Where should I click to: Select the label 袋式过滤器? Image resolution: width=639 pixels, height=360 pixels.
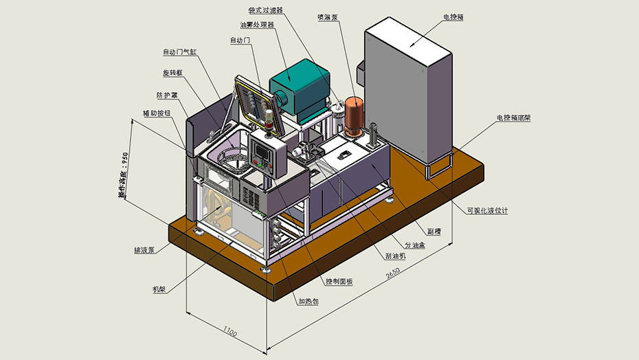point(265,10)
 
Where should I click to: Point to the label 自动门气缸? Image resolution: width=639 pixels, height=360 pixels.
point(179,52)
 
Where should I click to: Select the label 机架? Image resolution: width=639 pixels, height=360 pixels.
point(159,289)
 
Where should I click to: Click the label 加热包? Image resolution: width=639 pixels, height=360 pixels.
point(309,301)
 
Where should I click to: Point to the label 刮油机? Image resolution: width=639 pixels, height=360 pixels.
point(395,256)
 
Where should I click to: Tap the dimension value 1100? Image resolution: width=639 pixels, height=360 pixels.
point(229,333)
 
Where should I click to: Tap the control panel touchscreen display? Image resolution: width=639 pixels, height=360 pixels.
point(262,150)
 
